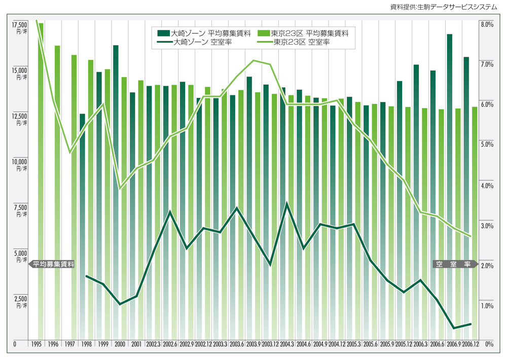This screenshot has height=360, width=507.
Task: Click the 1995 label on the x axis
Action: tap(36, 344)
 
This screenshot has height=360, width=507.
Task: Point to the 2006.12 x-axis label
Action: tap(471, 344)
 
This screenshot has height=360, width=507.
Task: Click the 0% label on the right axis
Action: tap(489, 344)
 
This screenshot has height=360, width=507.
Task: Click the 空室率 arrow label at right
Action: tap(453, 264)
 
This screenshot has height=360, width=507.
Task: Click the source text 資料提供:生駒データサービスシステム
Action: tap(444, 7)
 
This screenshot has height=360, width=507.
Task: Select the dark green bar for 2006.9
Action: tap(449, 183)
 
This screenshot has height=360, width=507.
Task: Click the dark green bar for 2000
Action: tap(116, 193)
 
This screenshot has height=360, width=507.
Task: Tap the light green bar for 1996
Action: tap(57, 193)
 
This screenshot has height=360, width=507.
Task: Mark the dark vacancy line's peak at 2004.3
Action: tap(287, 203)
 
